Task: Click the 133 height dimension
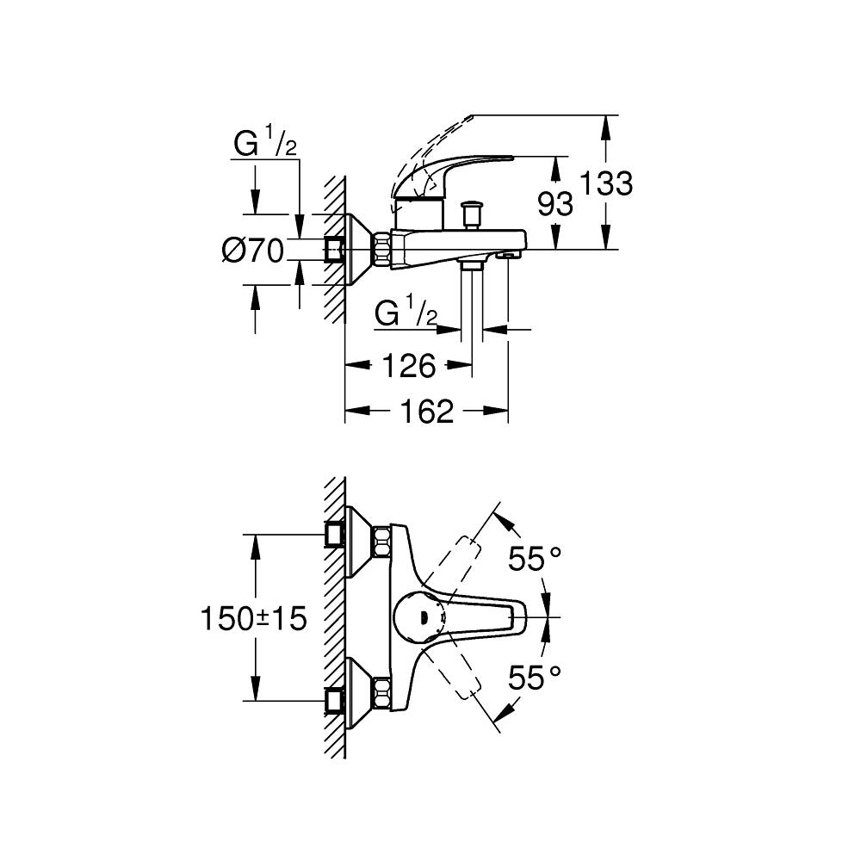click(x=606, y=183)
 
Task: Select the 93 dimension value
click(x=555, y=204)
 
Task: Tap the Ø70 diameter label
click(x=252, y=251)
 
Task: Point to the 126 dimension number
click(x=408, y=366)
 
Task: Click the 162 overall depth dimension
click(x=426, y=412)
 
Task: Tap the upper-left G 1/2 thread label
click(x=265, y=144)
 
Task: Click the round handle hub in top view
click(x=420, y=616)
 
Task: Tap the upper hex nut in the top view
click(x=381, y=542)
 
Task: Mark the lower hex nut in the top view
click(x=381, y=691)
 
